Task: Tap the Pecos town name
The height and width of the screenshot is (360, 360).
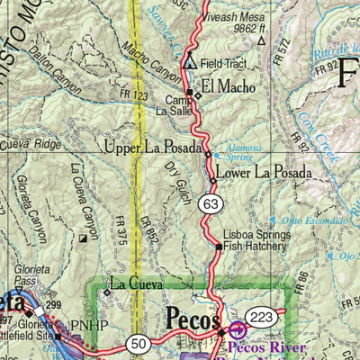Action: tap(193, 320)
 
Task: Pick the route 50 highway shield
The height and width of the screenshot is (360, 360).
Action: tap(138, 342)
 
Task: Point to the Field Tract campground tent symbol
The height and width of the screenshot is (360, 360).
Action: tap(190, 63)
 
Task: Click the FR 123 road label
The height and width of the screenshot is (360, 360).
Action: tap(124, 94)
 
